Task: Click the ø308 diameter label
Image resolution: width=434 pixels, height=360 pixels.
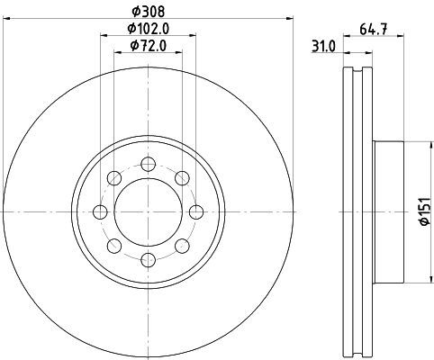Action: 149,12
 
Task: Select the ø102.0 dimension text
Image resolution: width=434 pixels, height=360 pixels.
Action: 149,29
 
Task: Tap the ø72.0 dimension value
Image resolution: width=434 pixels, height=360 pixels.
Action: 149,46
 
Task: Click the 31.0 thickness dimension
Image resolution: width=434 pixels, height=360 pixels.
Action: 323,47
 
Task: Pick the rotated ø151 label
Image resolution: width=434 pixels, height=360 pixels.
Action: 425,211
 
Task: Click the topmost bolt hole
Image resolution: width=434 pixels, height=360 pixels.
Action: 149,164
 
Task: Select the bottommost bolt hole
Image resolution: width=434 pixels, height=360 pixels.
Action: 149,260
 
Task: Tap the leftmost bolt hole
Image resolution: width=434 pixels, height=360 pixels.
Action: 100,212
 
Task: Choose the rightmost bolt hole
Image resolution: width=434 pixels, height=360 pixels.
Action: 196,212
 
